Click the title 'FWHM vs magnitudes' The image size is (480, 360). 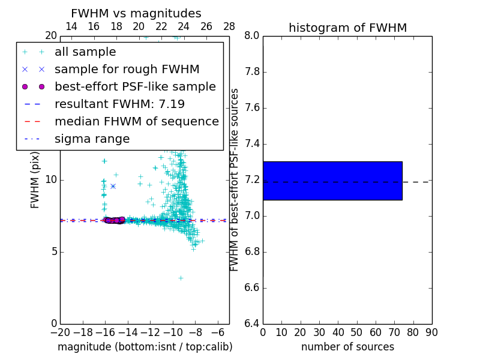pos(136,13)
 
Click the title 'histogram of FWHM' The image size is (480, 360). pos(347,28)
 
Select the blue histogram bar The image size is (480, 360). pos(332,181)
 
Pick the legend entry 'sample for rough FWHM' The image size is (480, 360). pos(127,70)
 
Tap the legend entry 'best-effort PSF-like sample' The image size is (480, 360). pos(135,87)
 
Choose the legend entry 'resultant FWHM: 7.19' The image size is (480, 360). pos(119,104)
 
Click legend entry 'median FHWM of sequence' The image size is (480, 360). pos(136,122)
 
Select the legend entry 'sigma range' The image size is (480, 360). pos(92,139)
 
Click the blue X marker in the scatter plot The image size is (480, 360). pos(113,186)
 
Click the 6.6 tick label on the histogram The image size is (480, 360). pos(251,287)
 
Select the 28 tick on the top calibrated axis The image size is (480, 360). pos(229,26)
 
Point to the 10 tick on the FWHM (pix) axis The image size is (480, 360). pos(50,180)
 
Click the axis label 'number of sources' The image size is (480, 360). pos(347,347)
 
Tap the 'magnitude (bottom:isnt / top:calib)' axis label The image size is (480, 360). pos(145,347)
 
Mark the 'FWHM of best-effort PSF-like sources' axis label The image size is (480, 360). pos(235,180)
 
